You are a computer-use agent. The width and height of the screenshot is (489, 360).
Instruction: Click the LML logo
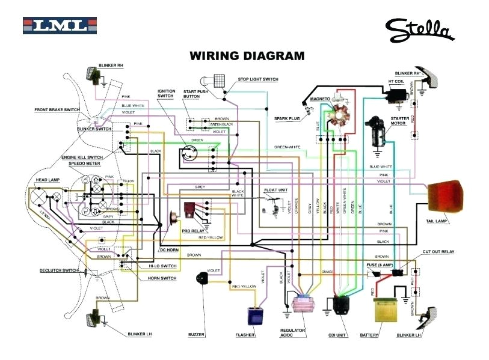coord(59,26)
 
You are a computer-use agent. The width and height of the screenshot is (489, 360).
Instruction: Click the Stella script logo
coord(420,28)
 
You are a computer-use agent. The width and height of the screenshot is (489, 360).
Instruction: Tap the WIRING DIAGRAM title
coord(247,56)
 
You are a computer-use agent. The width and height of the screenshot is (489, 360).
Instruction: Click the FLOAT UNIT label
coord(276,190)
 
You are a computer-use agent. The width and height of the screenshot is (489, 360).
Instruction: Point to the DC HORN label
coord(169,249)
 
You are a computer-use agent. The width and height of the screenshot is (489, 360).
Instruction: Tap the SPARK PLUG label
coord(286,118)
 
